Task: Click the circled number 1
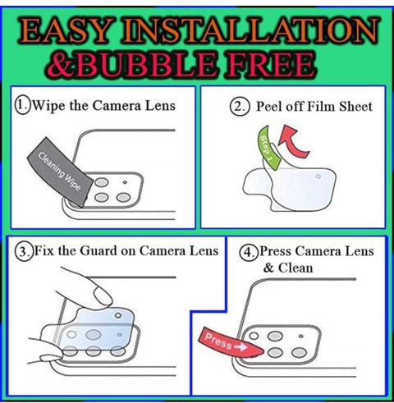[22, 106]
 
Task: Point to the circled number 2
[240, 107]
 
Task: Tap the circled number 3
[24, 251]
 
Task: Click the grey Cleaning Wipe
[60, 172]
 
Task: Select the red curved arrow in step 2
[294, 141]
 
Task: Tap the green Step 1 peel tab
[268, 147]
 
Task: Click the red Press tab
[229, 342]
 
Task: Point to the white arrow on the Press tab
[241, 347]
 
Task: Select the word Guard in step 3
[98, 251]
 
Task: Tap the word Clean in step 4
[295, 268]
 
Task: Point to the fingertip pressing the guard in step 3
[103, 296]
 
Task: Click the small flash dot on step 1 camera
[125, 182]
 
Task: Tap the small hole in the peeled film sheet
[318, 176]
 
